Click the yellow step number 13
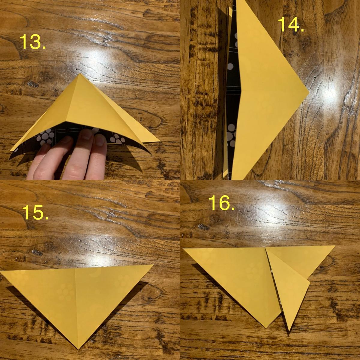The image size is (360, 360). pyautogui.click(x=33, y=42)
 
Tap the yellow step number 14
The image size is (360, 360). pyautogui.click(x=291, y=25)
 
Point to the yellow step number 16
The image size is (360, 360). pyautogui.click(x=222, y=203)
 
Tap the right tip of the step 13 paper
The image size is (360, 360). pyautogui.click(x=160, y=141)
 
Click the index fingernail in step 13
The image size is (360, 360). pyautogui.click(x=88, y=134)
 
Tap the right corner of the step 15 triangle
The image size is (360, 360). pyautogui.click(x=153, y=265)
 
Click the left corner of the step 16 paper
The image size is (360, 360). pyautogui.click(x=184, y=249)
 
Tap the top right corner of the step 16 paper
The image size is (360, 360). pyautogui.click(x=335, y=246)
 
